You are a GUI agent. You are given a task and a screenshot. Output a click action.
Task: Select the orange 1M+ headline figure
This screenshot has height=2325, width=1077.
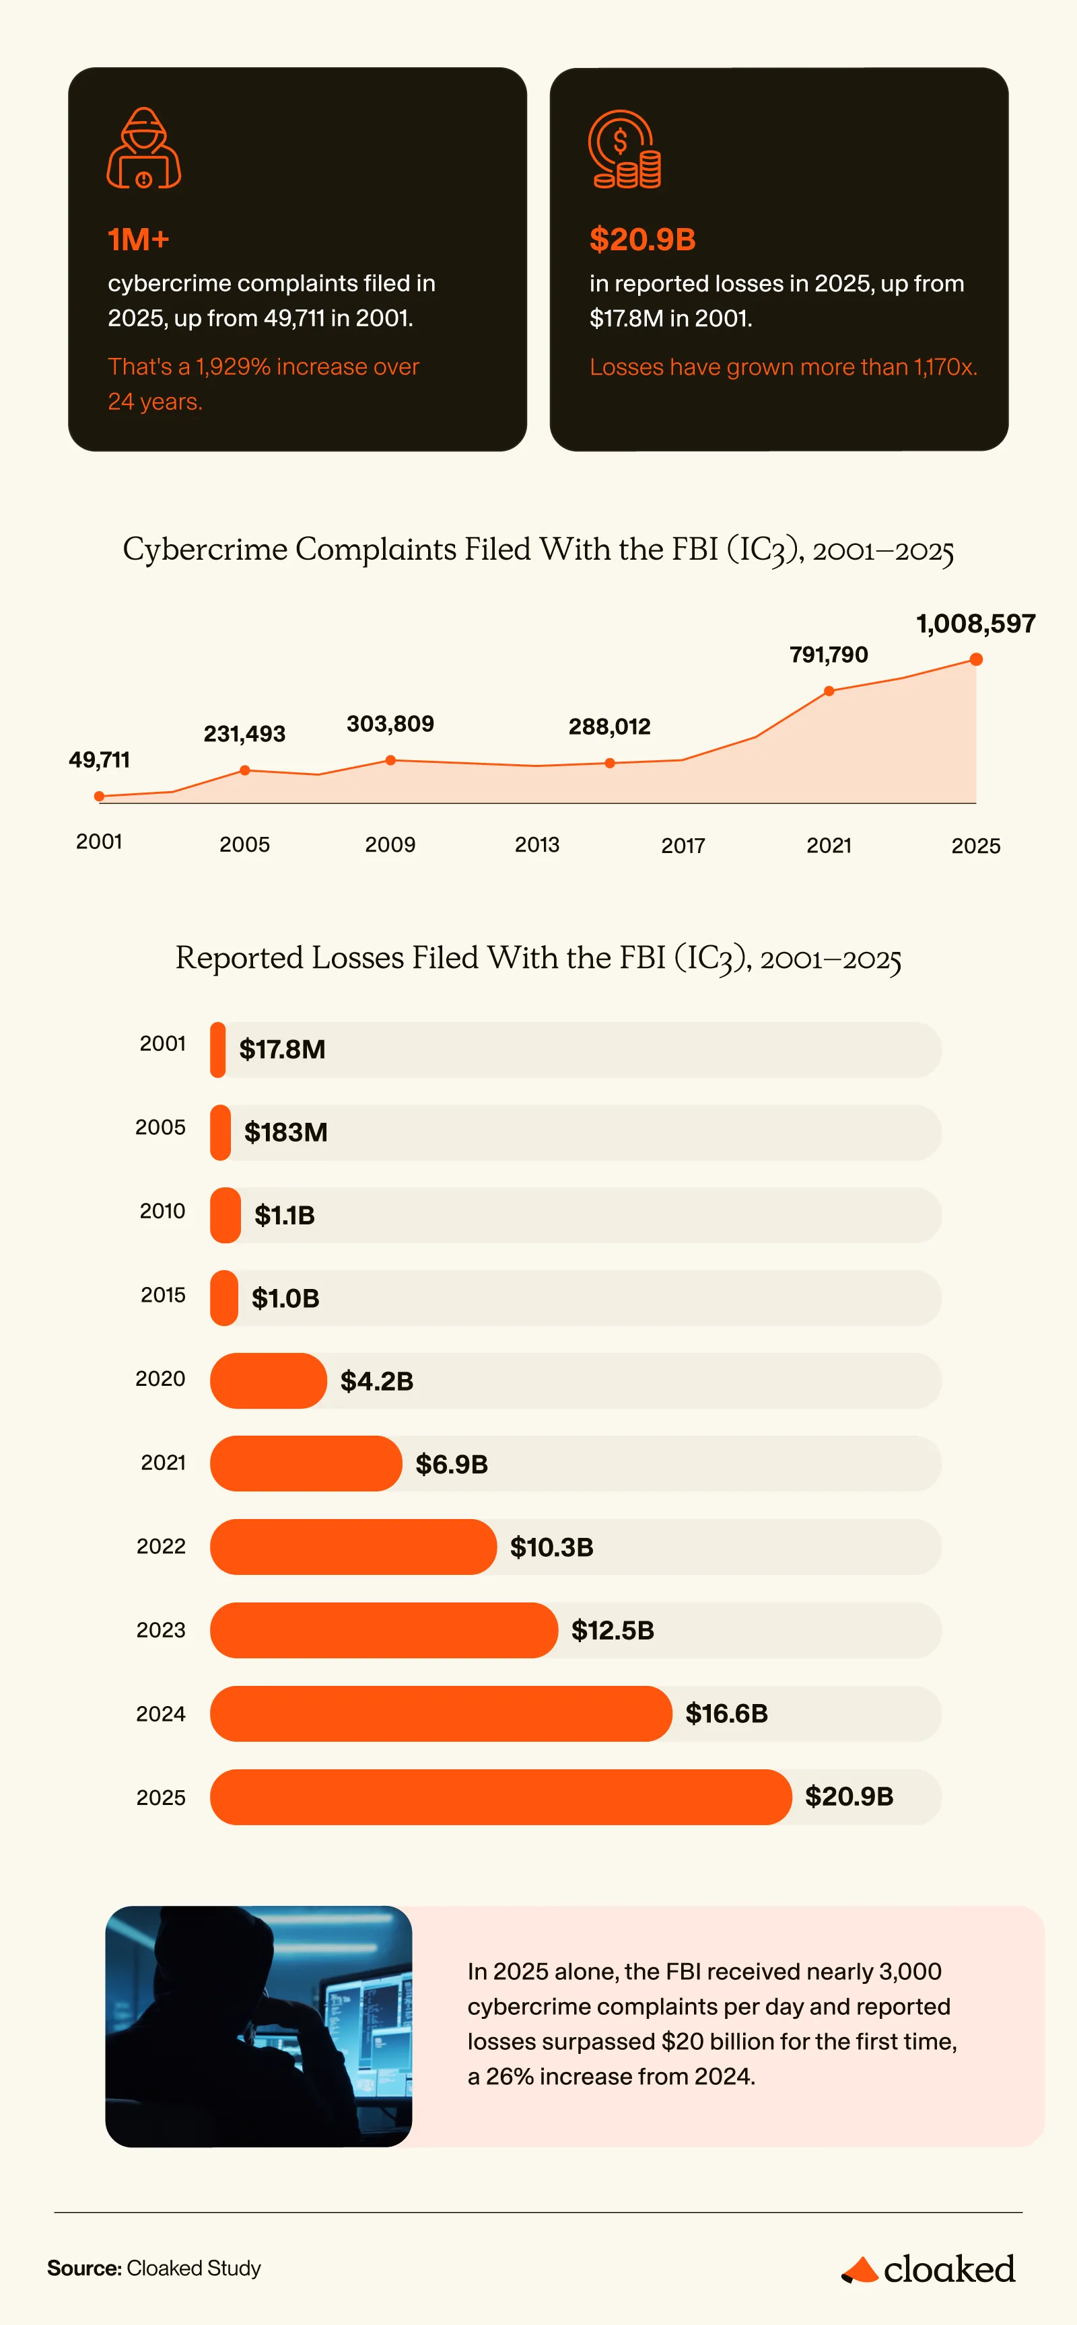pos(138,239)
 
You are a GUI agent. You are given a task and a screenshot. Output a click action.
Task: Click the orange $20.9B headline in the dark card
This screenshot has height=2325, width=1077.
pos(642,239)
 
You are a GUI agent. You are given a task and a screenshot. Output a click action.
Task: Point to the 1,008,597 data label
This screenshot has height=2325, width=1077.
pos(976,624)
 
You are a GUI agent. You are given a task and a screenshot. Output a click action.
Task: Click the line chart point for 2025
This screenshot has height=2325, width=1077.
pos(976,660)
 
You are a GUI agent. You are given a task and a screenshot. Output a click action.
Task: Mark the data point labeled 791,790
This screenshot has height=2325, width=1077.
pos(829,692)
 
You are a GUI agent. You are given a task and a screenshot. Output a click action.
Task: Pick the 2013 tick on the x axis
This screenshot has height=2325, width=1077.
pos(537,845)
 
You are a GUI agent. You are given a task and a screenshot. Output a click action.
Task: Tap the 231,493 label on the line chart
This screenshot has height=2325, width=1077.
pos(244,734)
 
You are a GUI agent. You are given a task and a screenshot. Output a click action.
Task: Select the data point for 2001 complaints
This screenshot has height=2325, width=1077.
pos(100,796)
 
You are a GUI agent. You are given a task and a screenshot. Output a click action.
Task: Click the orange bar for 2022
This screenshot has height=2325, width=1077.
pos(353,1547)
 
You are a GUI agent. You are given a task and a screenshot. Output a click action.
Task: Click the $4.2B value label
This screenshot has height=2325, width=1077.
pos(376,1381)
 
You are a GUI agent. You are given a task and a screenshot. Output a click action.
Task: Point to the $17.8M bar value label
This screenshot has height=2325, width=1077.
pos(281,1049)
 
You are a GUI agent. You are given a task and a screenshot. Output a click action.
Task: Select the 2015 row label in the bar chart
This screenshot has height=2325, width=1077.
pos(162,1295)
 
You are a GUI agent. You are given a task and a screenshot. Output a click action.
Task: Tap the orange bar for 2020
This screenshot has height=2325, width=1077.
pos(268,1381)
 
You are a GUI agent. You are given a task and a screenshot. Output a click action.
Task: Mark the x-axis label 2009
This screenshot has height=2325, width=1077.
pos(390,845)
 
